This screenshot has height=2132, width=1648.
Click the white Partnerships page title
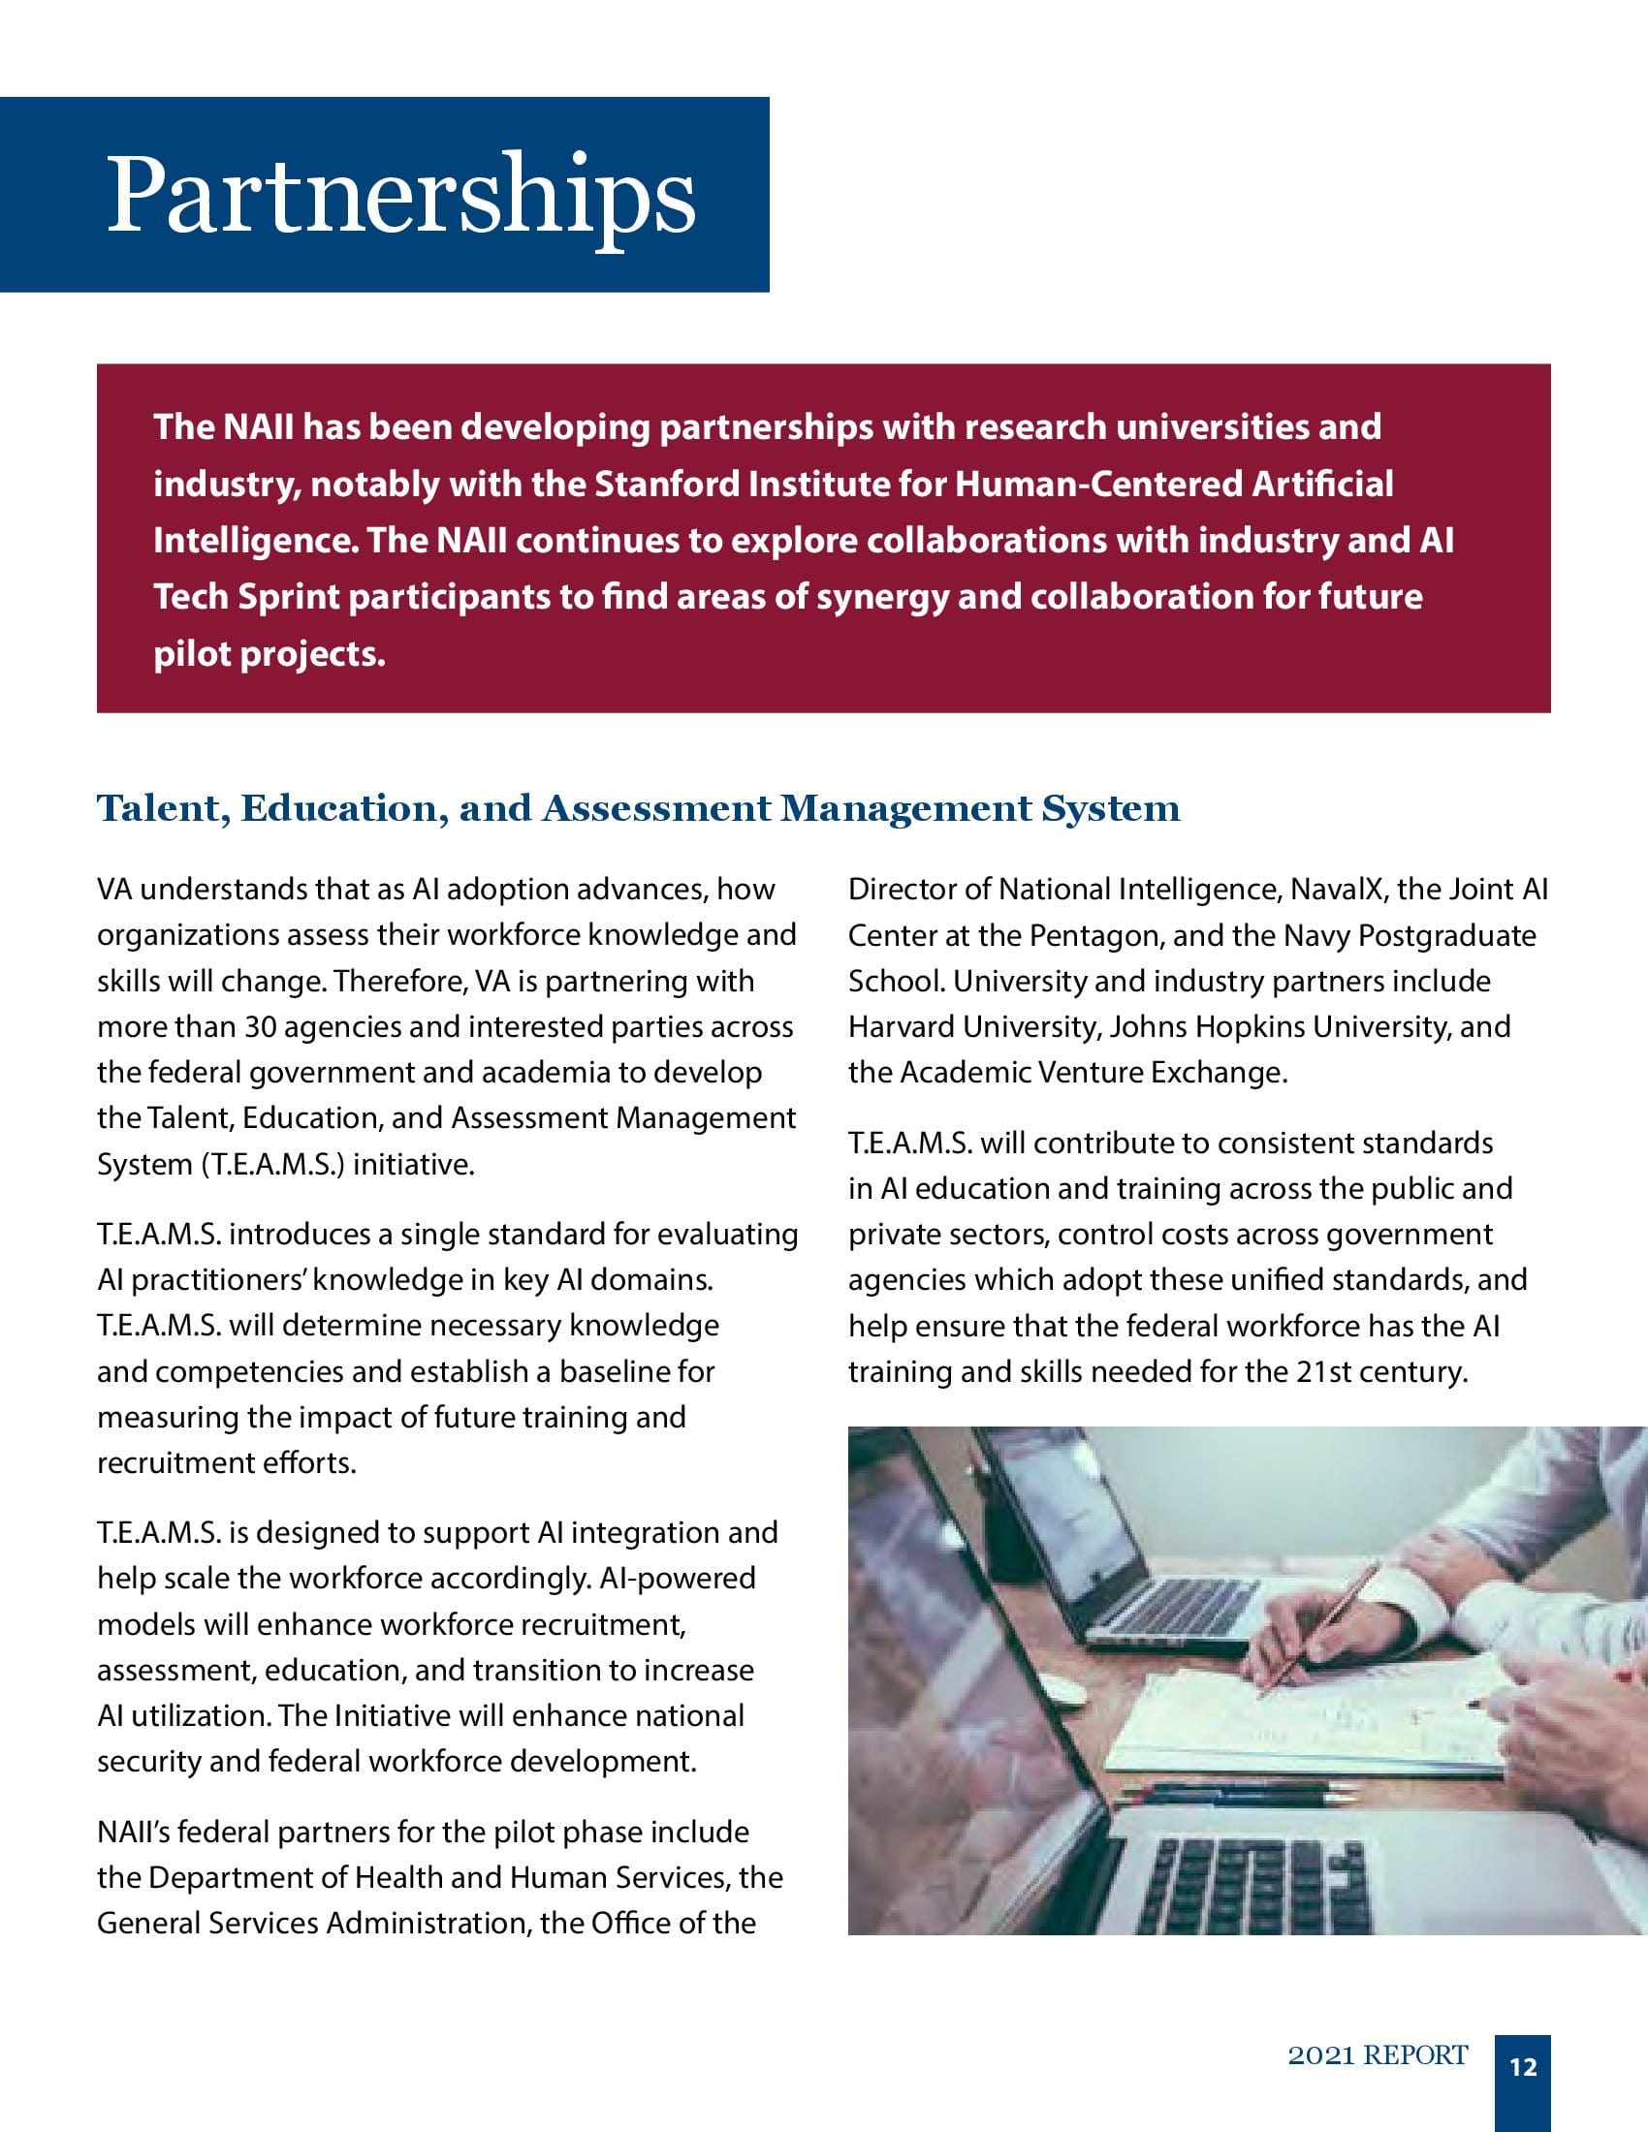tap(400, 195)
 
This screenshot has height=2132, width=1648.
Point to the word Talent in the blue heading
tap(160, 808)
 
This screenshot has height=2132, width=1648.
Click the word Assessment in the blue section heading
tap(656, 808)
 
